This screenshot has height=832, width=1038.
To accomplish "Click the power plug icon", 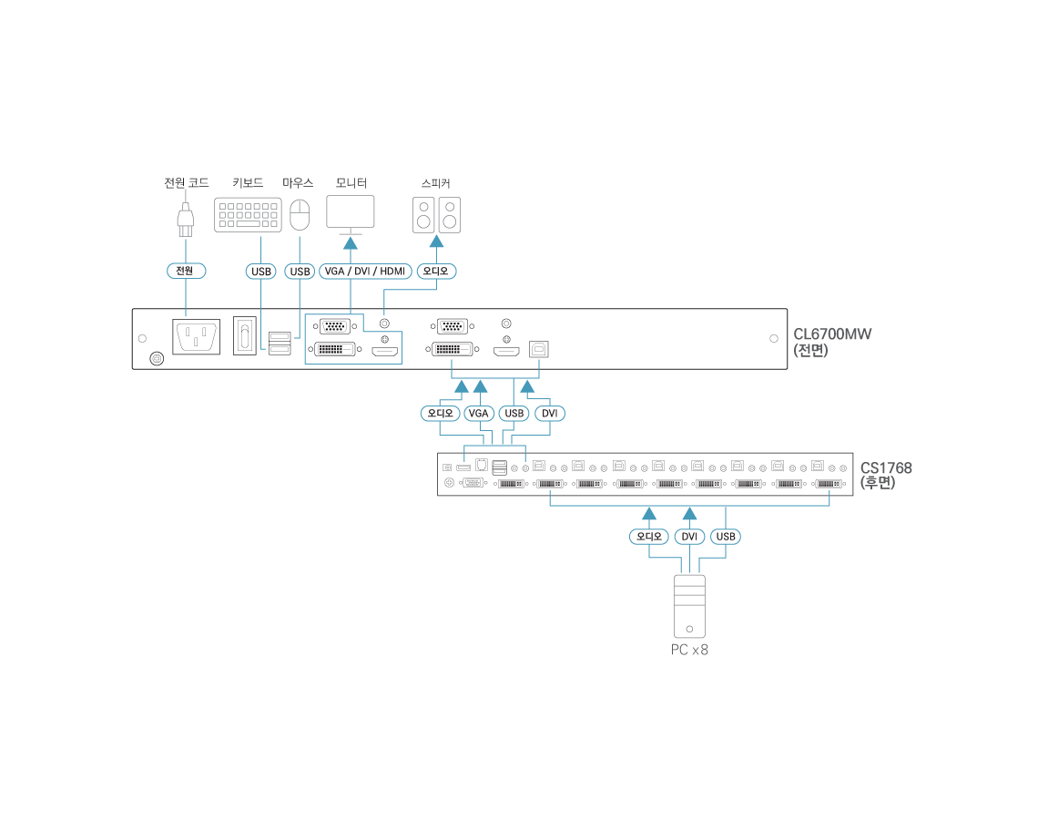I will coord(186,218).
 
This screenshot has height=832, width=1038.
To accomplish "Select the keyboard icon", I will coord(248,215).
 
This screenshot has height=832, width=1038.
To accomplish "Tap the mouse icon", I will coord(300,216).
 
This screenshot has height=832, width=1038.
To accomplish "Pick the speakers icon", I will coord(436,215).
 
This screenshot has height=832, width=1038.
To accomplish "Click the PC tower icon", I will coord(689,606).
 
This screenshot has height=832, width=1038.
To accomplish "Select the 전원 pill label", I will coord(185,271).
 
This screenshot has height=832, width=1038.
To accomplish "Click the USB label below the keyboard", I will coord(261,272).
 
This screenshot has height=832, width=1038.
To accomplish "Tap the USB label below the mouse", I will coord(300,272).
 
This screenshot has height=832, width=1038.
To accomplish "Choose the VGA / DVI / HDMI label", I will coord(365,272).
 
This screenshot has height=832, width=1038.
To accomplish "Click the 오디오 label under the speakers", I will coord(436,271).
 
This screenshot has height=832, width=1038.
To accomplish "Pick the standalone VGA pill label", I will coord(478,414).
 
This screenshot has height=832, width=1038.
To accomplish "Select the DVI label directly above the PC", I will coord(689,537).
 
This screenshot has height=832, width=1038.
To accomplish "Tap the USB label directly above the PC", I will coord(726,537).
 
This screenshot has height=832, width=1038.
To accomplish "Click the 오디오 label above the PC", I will coord(649,537).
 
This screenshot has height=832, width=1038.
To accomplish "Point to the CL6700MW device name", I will coord(832,334).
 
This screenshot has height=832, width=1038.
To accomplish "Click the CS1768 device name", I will coord(886,467).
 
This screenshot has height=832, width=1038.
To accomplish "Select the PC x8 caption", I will coord(689,650).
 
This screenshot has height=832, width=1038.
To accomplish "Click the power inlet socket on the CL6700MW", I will coord(197,337).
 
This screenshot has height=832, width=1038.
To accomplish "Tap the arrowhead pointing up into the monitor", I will coord(351,242).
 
